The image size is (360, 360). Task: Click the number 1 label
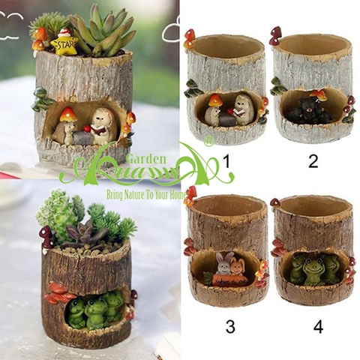tap(226, 160)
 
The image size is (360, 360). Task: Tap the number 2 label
tap(313, 160)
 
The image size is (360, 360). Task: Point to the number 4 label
tap(318, 327)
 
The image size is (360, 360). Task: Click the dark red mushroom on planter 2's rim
tap(275, 33)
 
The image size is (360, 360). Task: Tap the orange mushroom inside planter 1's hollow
tap(215, 100)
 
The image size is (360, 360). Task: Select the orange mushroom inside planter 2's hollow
tap(321, 94)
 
